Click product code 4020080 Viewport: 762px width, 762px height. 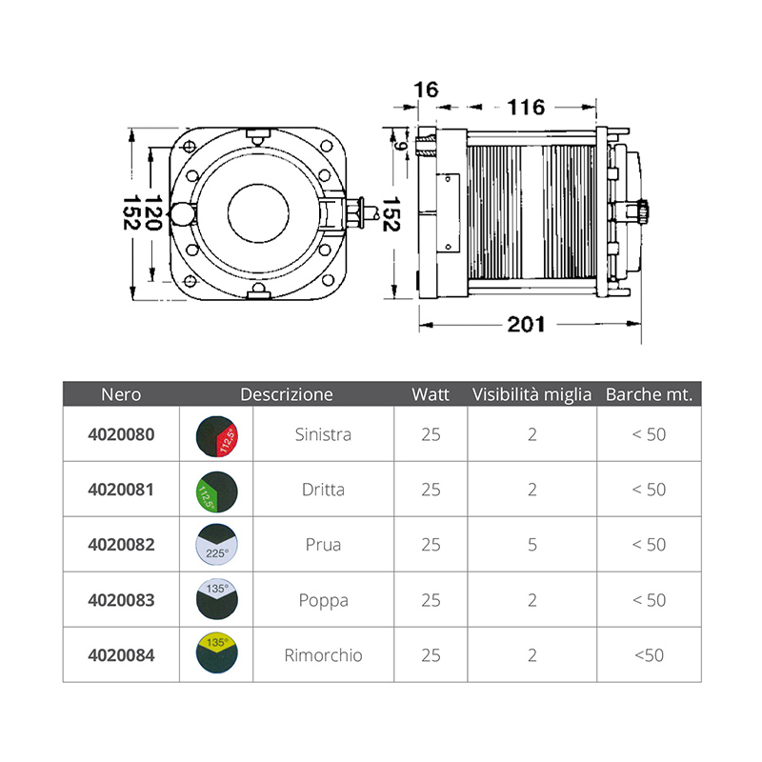pyautogui.click(x=121, y=434)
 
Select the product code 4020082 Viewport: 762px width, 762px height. pyautogui.click(x=121, y=544)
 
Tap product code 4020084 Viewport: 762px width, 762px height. pyautogui.click(x=121, y=655)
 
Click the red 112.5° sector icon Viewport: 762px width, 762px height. pyautogui.click(x=217, y=436)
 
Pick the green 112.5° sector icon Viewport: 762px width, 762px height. pyautogui.click(x=217, y=491)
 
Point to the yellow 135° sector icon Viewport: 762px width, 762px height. pyautogui.click(x=217, y=652)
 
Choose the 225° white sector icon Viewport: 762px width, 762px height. pyautogui.click(x=217, y=544)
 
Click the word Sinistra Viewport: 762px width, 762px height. pyautogui.click(x=323, y=434)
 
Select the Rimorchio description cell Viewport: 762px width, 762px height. pyautogui.click(x=323, y=655)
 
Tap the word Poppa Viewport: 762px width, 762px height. pyautogui.click(x=323, y=601)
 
